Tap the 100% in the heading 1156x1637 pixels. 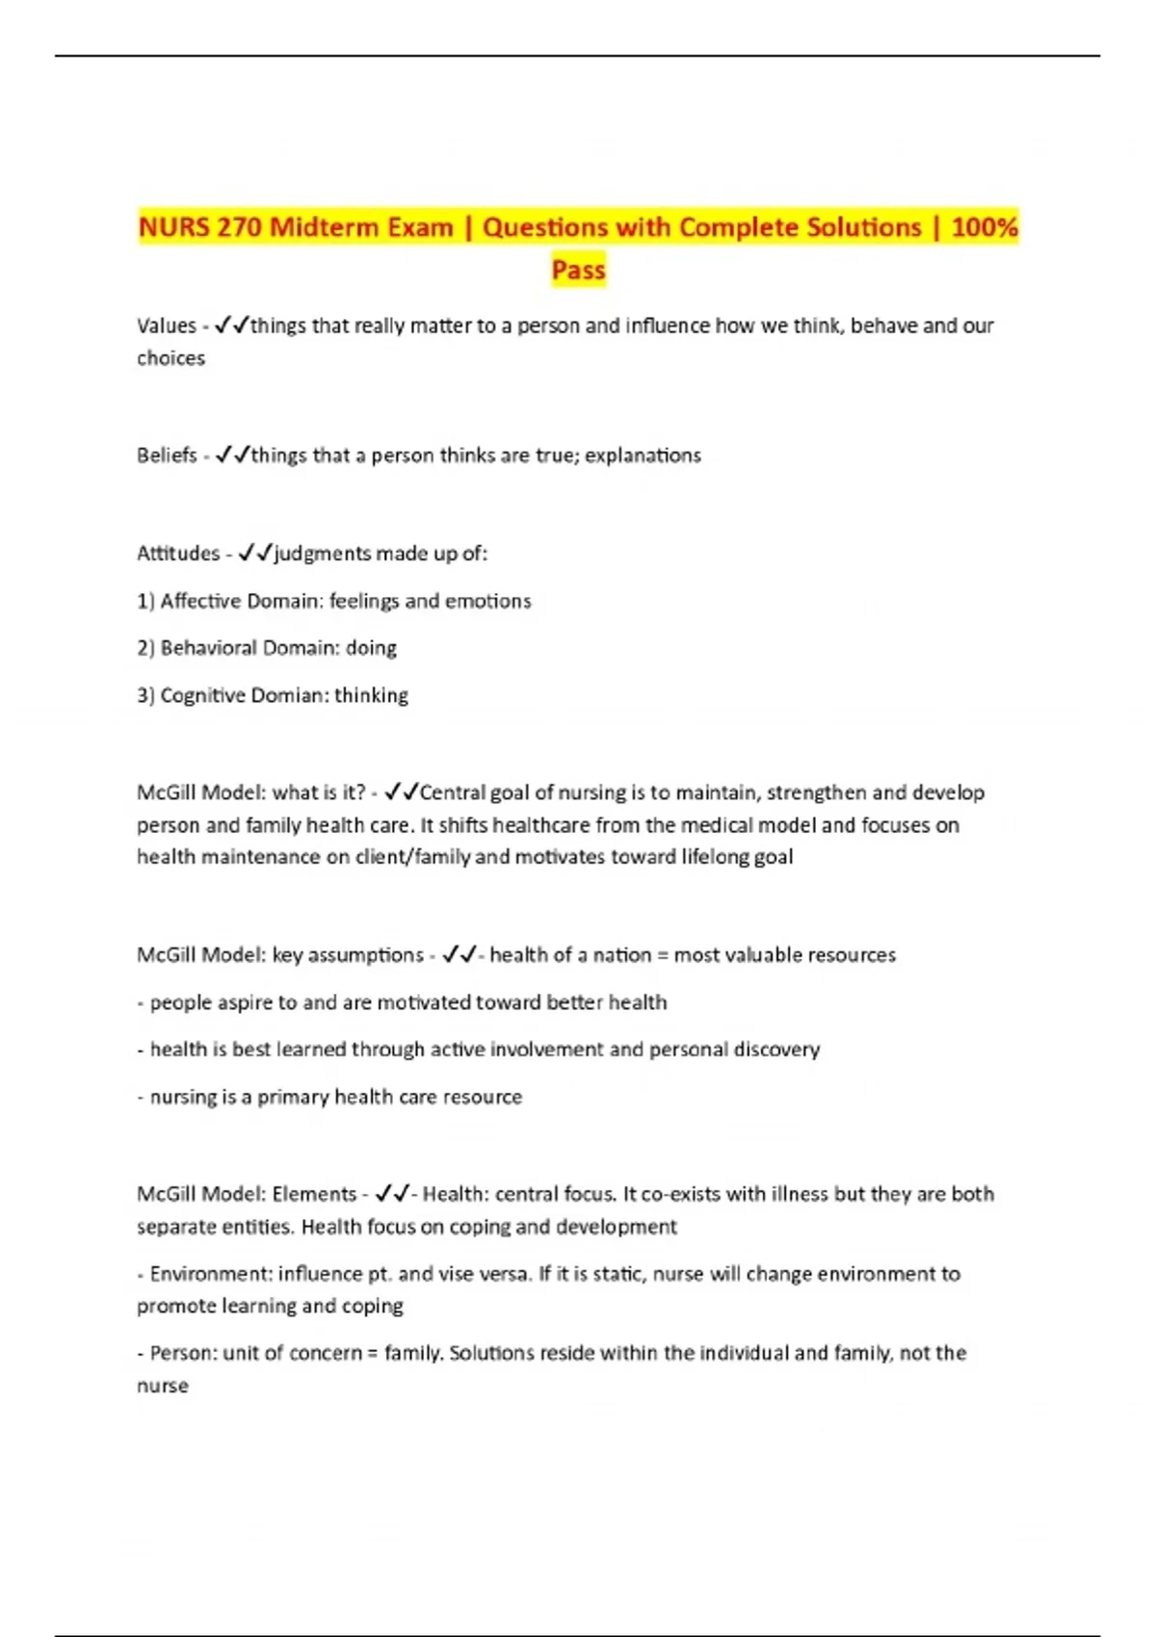(984, 227)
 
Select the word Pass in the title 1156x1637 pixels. (578, 270)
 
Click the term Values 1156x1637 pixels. (167, 325)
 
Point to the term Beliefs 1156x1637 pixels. (167, 455)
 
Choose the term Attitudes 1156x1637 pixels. (178, 554)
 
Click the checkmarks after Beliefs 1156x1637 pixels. (233, 455)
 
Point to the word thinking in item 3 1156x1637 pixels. (371, 695)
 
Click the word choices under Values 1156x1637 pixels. (171, 358)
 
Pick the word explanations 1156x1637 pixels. (643, 455)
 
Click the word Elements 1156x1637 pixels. (314, 1194)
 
